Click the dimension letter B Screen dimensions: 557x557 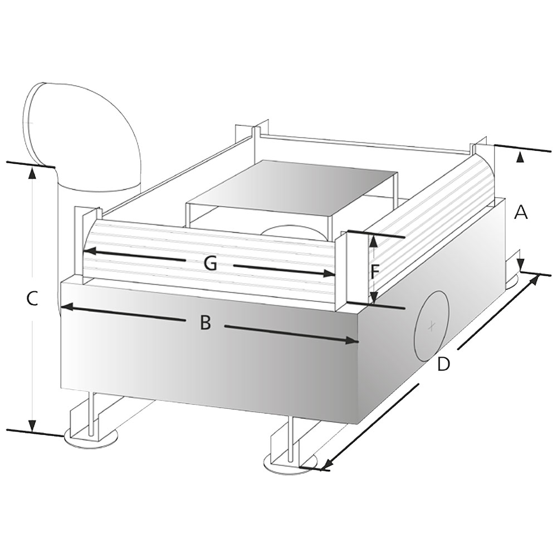click(x=206, y=323)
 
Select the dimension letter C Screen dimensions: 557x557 click(x=32, y=299)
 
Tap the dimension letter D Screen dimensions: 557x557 click(x=443, y=364)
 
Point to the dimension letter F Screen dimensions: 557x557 click(x=374, y=272)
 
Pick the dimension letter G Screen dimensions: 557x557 click(x=211, y=263)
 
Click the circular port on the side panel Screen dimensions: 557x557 click(x=432, y=326)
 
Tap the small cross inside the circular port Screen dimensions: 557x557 click(x=432, y=326)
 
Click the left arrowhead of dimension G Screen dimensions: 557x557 click(x=88, y=251)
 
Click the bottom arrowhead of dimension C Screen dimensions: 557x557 click(x=32, y=426)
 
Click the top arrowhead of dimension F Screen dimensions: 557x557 click(x=373, y=242)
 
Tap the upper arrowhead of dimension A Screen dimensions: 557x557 click(x=520, y=157)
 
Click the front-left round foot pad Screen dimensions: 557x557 click(x=91, y=439)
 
